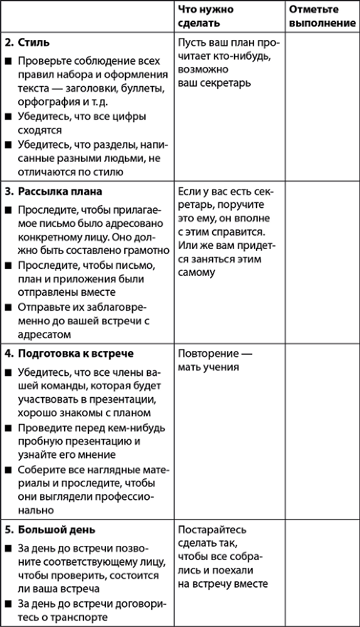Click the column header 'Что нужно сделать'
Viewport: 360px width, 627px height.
[206, 16]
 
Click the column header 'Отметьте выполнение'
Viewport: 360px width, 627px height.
[322, 16]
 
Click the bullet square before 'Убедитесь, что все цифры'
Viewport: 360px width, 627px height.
[8, 117]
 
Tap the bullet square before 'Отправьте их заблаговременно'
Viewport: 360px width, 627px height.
[8, 307]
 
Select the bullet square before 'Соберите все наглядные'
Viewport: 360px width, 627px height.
[8, 470]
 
